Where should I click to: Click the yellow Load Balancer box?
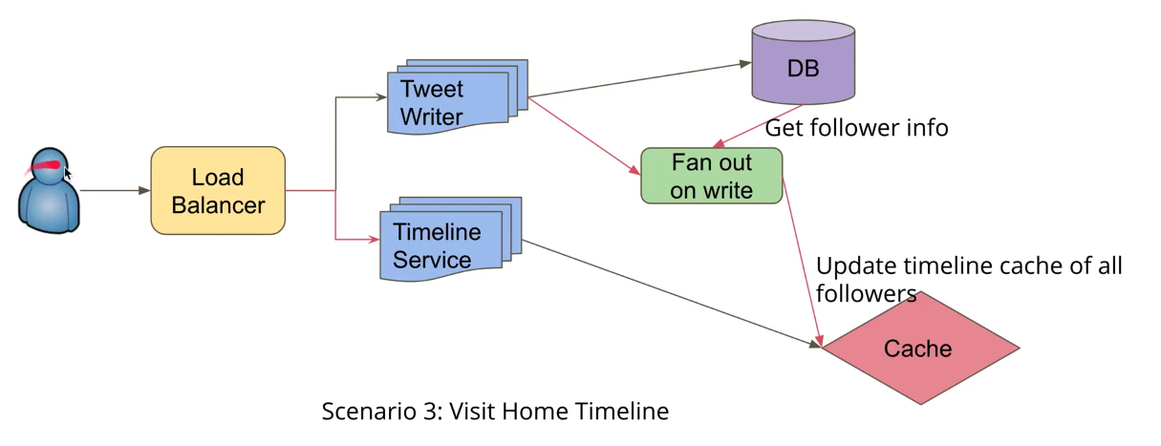point(218,190)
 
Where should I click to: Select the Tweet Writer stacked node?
point(449,101)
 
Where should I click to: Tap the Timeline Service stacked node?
point(443,244)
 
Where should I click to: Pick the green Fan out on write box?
point(711,176)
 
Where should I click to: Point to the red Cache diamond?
point(918,349)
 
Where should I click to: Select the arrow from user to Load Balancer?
point(115,191)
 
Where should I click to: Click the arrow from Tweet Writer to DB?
point(640,80)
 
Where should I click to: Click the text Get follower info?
point(856,128)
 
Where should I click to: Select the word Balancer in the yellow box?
point(218,204)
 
